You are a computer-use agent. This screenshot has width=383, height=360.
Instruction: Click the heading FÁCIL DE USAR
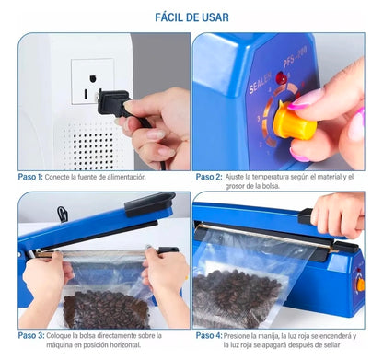coord(191,17)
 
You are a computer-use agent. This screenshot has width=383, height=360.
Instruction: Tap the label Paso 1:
coord(30,176)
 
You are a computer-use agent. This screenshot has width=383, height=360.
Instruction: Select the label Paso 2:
coord(208,176)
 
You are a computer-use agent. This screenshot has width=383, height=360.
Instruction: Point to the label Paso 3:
coord(30,337)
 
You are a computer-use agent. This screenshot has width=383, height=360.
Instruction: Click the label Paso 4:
coord(208,337)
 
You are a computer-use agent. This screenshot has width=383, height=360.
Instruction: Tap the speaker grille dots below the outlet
coord(87,143)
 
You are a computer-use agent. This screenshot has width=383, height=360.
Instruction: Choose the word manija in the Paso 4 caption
coord(277,337)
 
